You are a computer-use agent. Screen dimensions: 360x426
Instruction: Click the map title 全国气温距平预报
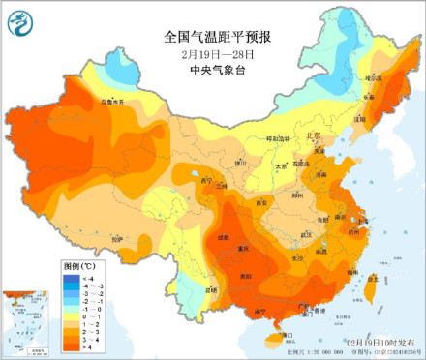pos(218,36)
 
